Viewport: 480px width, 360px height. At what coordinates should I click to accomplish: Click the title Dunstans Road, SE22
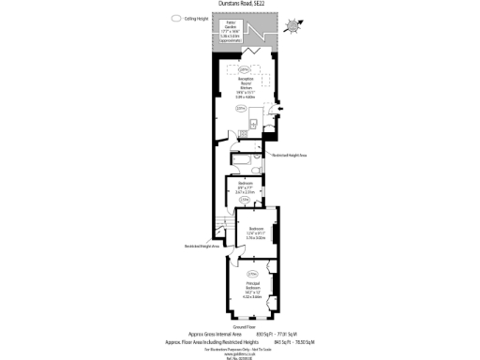point(240,4)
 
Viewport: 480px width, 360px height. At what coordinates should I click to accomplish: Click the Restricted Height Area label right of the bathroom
point(292,156)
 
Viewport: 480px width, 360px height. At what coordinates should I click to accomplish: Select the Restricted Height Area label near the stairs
point(202,247)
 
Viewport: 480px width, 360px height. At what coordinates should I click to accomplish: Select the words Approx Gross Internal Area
point(215,334)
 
